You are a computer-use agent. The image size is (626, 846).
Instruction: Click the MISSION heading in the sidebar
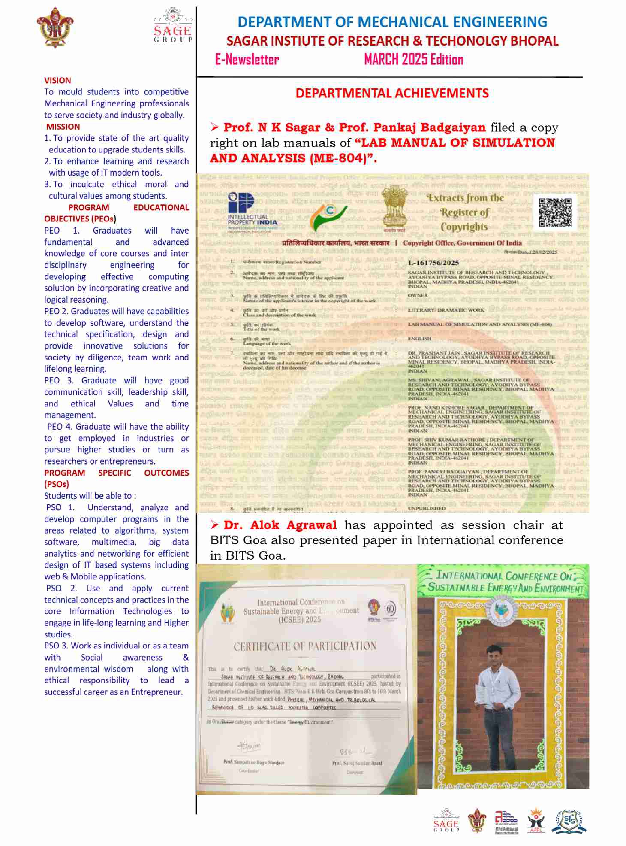coord(63,127)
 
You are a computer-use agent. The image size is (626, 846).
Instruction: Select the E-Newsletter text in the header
coord(247,60)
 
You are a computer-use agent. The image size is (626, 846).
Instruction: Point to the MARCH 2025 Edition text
coord(413,60)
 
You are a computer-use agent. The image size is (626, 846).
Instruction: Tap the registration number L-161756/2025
coord(433,263)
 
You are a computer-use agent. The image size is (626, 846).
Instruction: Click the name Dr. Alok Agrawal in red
coord(280,525)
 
